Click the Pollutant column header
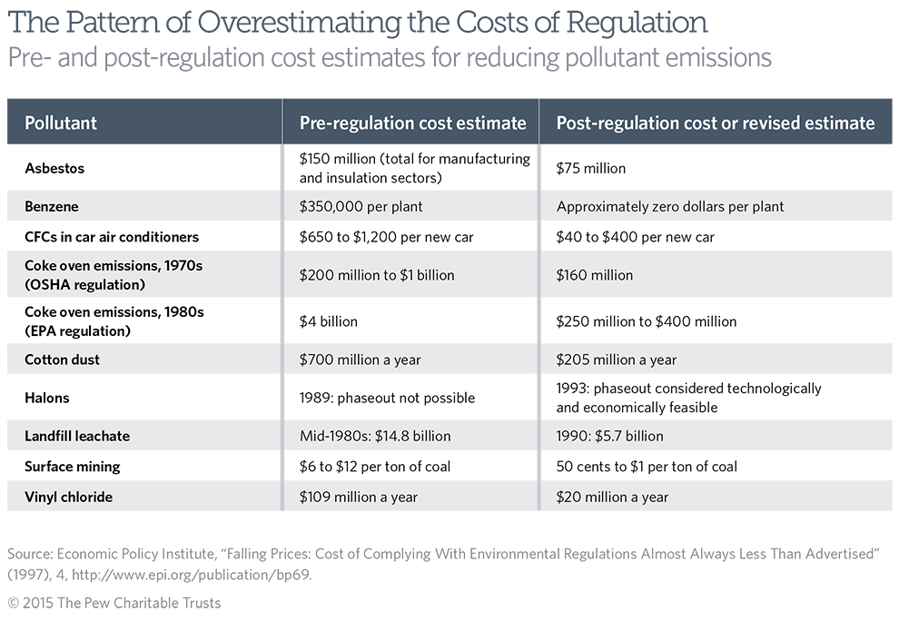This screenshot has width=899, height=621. pyautogui.click(x=60, y=123)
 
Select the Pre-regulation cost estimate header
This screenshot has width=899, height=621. pyautogui.click(x=412, y=123)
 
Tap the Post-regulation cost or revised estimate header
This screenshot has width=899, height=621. pyautogui.click(x=716, y=123)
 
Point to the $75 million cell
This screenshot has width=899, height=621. pyautogui.click(x=590, y=168)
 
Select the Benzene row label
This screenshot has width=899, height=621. pyautogui.click(x=52, y=206)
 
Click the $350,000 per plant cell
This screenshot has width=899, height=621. pyautogui.click(x=361, y=206)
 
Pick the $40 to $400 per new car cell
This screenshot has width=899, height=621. pyautogui.click(x=635, y=237)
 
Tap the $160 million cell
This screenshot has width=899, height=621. pyautogui.click(x=594, y=275)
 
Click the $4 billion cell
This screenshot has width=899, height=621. pyautogui.click(x=329, y=321)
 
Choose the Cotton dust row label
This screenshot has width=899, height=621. pyautogui.click(x=62, y=360)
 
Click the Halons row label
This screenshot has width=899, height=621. pyautogui.click(x=47, y=398)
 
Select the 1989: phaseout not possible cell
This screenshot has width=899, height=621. pyautogui.click(x=387, y=398)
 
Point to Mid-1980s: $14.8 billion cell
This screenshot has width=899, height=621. pyautogui.click(x=374, y=436)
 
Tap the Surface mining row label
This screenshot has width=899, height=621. pyautogui.click(x=72, y=467)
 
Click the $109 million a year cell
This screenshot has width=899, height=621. pyautogui.click(x=359, y=497)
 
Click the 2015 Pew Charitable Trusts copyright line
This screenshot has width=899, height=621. pyautogui.click(x=114, y=603)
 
